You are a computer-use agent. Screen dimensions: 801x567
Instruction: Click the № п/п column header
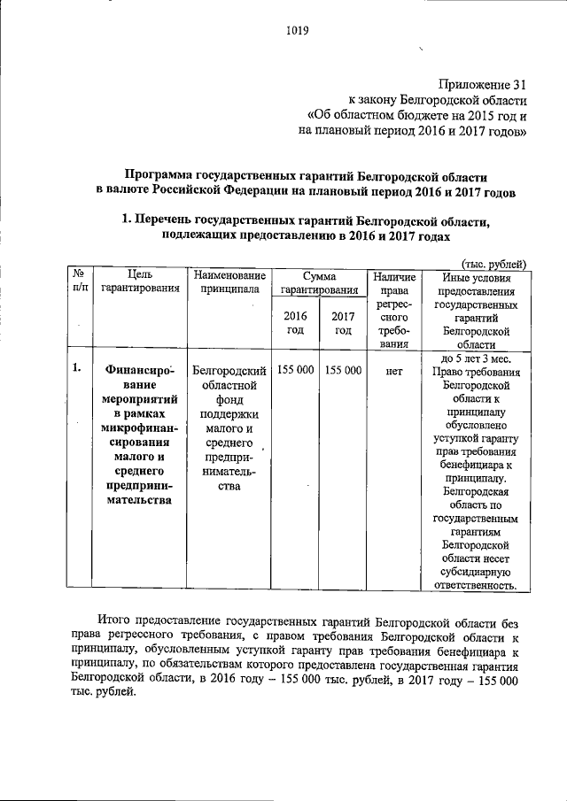click(79, 281)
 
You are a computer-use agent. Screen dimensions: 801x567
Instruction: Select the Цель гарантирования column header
click(139, 281)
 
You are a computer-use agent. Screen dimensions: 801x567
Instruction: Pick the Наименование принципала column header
click(228, 281)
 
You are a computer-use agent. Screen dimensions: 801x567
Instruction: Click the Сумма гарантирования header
click(317, 281)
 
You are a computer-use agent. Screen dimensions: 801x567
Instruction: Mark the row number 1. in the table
click(78, 369)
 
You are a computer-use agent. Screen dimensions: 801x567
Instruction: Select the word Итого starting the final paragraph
click(118, 623)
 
